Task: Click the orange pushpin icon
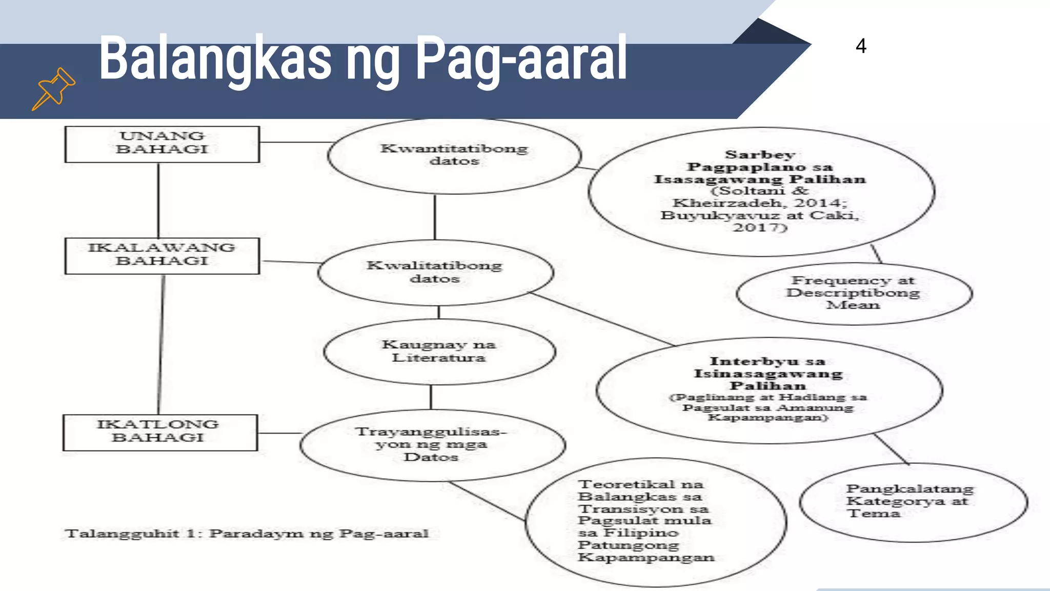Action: coord(54,88)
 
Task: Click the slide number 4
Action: coord(861,46)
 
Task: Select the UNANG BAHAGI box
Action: coord(162,144)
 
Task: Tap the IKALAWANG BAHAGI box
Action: coord(162,255)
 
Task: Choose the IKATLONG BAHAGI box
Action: coord(159,432)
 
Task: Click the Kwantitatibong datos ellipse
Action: coord(454,155)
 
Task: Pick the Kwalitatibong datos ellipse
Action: coord(435,272)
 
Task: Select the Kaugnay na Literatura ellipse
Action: coord(439,351)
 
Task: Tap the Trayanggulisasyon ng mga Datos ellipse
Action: coord(432,445)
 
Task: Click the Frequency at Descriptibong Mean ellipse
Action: coord(854,293)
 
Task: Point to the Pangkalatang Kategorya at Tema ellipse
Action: coord(913,502)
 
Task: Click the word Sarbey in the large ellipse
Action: coord(760,154)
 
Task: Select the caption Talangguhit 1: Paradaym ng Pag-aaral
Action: coord(247,534)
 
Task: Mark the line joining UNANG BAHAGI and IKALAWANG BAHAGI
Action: coord(158,200)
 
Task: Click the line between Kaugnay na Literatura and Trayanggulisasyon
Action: coord(431,397)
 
